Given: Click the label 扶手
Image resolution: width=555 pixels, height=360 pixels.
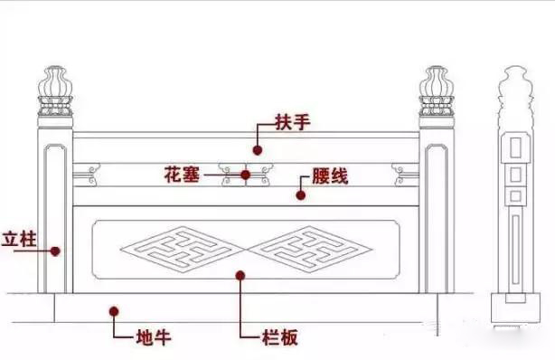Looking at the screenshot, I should [x=290, y=122].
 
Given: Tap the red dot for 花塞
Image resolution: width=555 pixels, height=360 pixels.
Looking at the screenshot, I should [x=245, y=175].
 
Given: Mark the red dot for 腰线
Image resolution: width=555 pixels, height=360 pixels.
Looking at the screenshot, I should [x=301, y=193].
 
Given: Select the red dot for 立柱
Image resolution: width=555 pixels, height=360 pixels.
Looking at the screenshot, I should [x=55, y=251].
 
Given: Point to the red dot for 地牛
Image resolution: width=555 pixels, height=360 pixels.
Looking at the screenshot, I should [x=115, y=311].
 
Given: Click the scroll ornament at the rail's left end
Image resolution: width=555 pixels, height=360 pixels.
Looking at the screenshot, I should [x=89, y=170].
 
